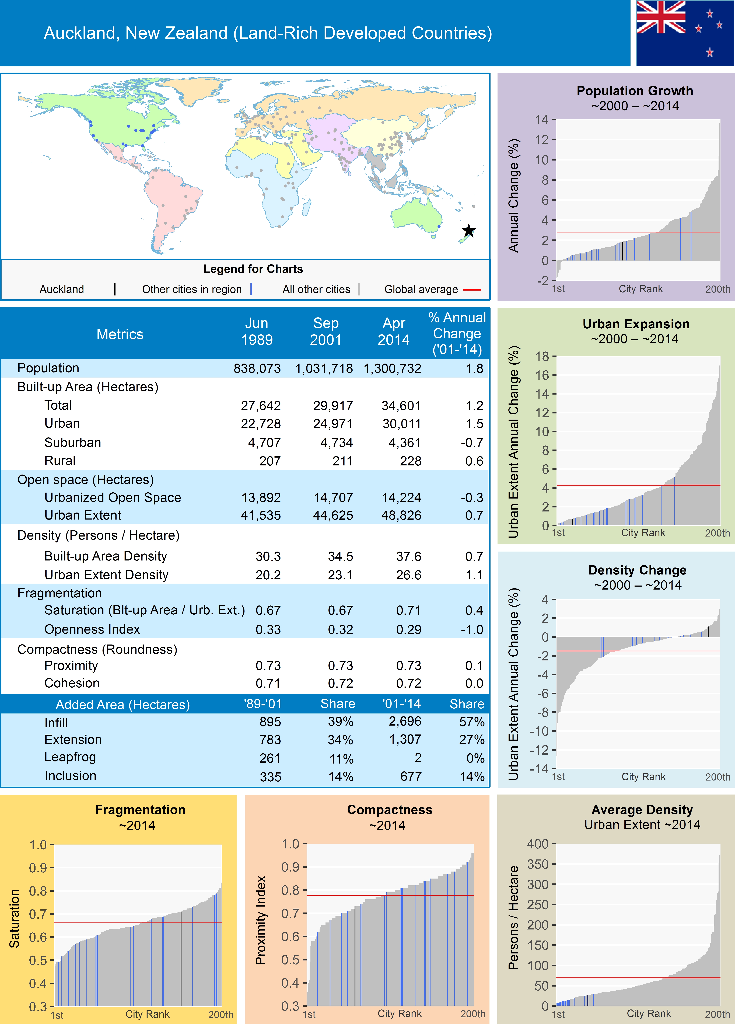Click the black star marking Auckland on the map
[469, 231]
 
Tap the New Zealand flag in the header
[685, 33]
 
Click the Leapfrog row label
[70, 757]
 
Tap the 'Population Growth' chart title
[634, 91]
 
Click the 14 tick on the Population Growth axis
[542, 120]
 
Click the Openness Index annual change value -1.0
[472, 629]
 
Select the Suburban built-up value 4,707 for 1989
[264, 443]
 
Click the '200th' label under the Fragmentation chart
[220, 1015]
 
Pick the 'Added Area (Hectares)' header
[123, 704]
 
